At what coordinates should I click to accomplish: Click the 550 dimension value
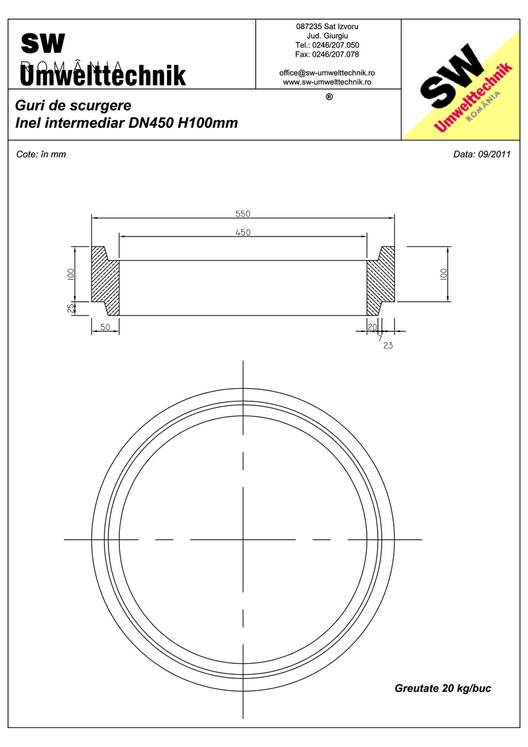point(243,214)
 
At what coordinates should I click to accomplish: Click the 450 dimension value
point(243,232)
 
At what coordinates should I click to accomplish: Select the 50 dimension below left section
point(105,326)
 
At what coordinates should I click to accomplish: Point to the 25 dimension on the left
point(71,308)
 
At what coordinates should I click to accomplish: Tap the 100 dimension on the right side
point(443,274)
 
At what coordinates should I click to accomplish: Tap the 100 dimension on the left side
point(71,274)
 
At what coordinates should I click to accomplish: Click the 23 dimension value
point(388,346)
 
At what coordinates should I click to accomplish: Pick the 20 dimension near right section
point(372,326)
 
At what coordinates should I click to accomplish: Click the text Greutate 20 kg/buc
point(442,688)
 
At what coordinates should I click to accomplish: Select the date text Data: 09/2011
point(482,154)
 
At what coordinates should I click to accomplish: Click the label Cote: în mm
point(41,154)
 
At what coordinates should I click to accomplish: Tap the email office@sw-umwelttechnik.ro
point(327,73)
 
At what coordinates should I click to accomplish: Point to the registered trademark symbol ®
point(329,97)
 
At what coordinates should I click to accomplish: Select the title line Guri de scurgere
point(73,106)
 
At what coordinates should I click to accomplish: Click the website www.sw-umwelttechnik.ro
point(327,82)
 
